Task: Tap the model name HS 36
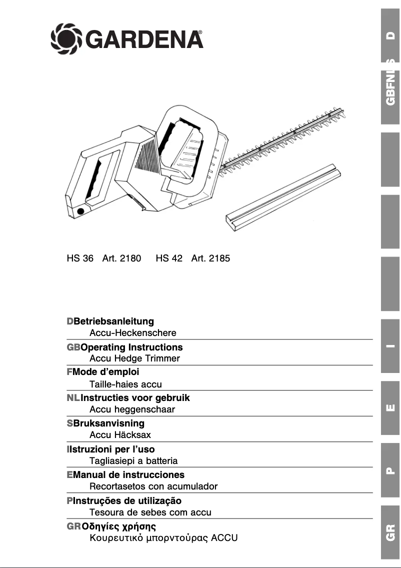point(80,259)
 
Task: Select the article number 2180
point(130,259)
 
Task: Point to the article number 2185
point(219,259)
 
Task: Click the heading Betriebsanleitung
point(113,321)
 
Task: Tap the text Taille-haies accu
point(125,384)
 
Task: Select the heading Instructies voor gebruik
point(135,398)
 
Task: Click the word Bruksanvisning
point(108,423)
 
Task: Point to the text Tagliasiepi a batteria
point(133,461)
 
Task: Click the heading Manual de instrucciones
point(128,475)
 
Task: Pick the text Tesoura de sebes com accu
point(150,512)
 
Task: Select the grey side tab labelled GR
point(390,532)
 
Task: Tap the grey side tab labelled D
point(390,36)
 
